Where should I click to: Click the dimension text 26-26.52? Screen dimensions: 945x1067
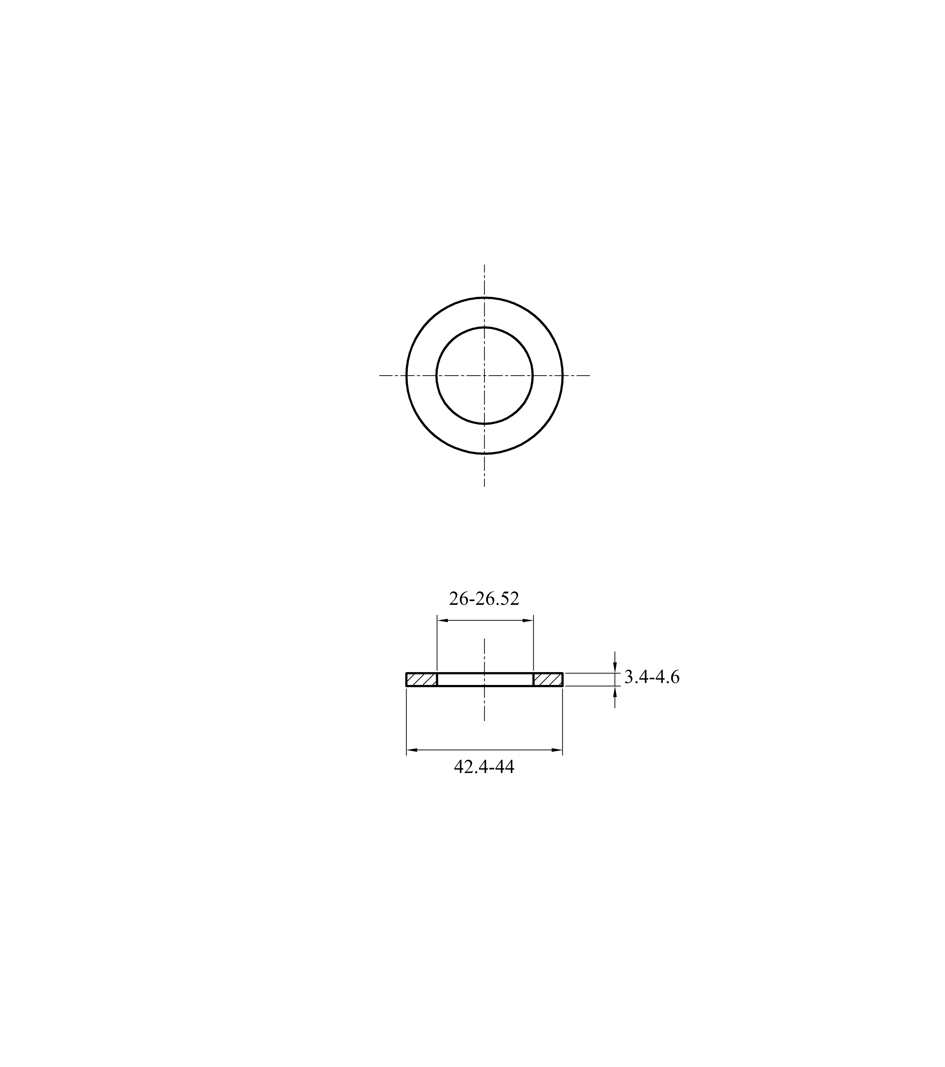click(484, 599)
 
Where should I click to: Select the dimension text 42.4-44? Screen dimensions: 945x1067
click(484, 767)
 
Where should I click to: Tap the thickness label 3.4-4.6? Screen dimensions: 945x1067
click(652, 678)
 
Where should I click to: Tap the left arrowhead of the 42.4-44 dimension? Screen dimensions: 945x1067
click(412, 750)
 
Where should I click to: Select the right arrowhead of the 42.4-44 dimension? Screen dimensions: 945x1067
click(557, 750)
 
